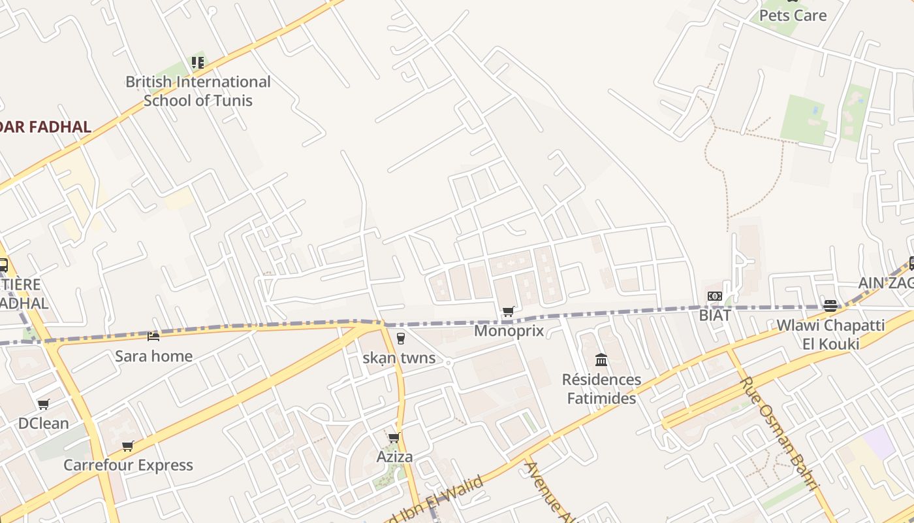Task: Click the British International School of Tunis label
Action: point(198,91)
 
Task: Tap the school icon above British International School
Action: point(198,63)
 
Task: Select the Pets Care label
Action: point(793,15)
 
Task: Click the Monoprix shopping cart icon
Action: point(508,311)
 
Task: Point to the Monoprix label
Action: point(509,331)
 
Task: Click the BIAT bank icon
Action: point(714,296)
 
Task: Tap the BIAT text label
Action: point(715,315)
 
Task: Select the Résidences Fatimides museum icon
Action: point(601,360)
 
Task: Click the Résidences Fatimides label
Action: point(601,389)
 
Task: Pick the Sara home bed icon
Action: point(153,336)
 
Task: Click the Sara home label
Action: point(153,356)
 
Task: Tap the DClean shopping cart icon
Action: point(43,404)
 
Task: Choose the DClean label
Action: point(43,424)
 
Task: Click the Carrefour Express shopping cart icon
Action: point(128,446)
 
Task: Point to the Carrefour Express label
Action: point(128,465)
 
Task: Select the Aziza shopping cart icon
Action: point(394,437)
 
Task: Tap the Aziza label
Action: point(394,456)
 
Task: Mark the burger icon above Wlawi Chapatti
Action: point(830,305)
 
